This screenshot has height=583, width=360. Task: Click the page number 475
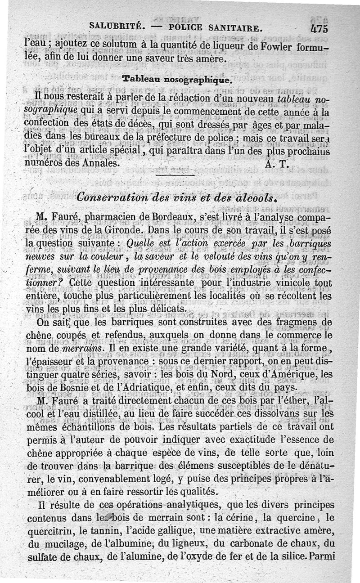click(319, 28)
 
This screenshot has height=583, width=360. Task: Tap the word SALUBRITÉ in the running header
click(117, 26)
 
